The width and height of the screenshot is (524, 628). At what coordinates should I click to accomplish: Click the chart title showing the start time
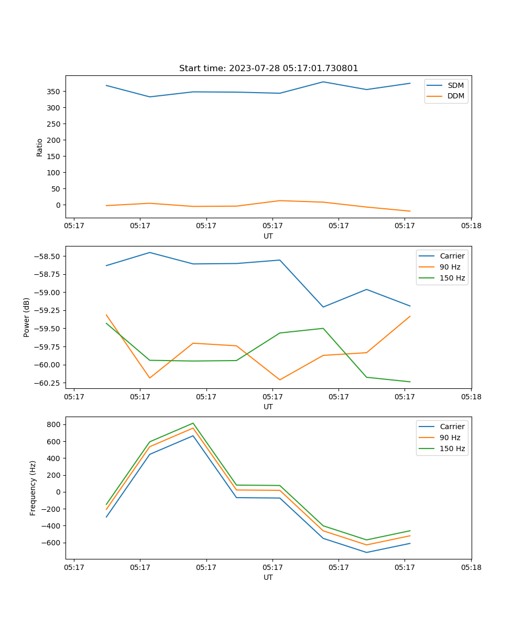[x=268, y=69]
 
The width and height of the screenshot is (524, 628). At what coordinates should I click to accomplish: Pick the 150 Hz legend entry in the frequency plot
[x=452, y=448]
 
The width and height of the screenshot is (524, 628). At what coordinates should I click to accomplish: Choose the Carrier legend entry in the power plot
[x=452, y=256]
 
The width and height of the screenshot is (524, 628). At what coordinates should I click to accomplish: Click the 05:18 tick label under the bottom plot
[x=471, y=567]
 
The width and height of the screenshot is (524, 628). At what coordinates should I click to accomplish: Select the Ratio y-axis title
[x=39, y=147]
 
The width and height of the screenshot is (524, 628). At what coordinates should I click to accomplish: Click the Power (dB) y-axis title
[x=27, y=317]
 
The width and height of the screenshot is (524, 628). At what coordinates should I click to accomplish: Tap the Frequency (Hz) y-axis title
[x=33, y=488]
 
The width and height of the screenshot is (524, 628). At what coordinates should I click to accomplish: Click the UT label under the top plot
[x=268, y=236]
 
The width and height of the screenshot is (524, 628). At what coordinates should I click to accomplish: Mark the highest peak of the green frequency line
[x=193, y=423]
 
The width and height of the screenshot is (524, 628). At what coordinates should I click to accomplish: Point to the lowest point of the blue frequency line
[x=366, y=552]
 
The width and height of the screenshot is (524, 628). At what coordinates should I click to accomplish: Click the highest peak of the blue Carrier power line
[x=150, y=252]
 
